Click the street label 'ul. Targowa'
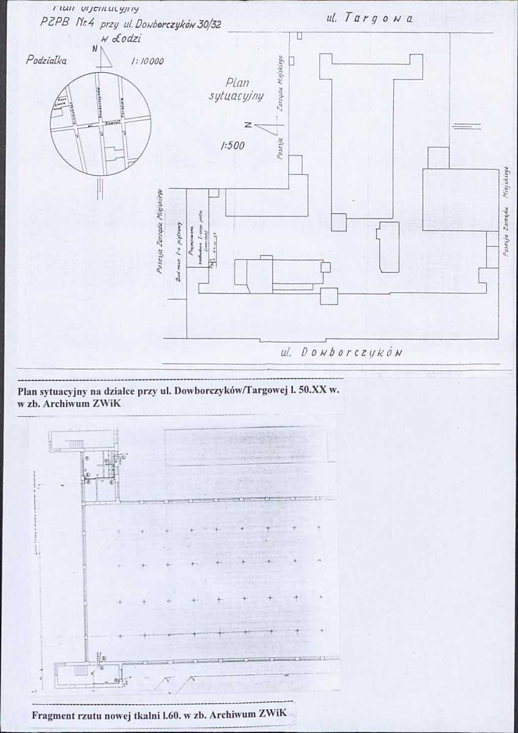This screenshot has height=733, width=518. tap(370, 18)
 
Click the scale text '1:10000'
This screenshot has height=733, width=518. tap(146, 61)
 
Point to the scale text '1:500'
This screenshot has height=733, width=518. tap(233, 146)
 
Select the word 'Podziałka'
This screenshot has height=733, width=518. tap(46, 60)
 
